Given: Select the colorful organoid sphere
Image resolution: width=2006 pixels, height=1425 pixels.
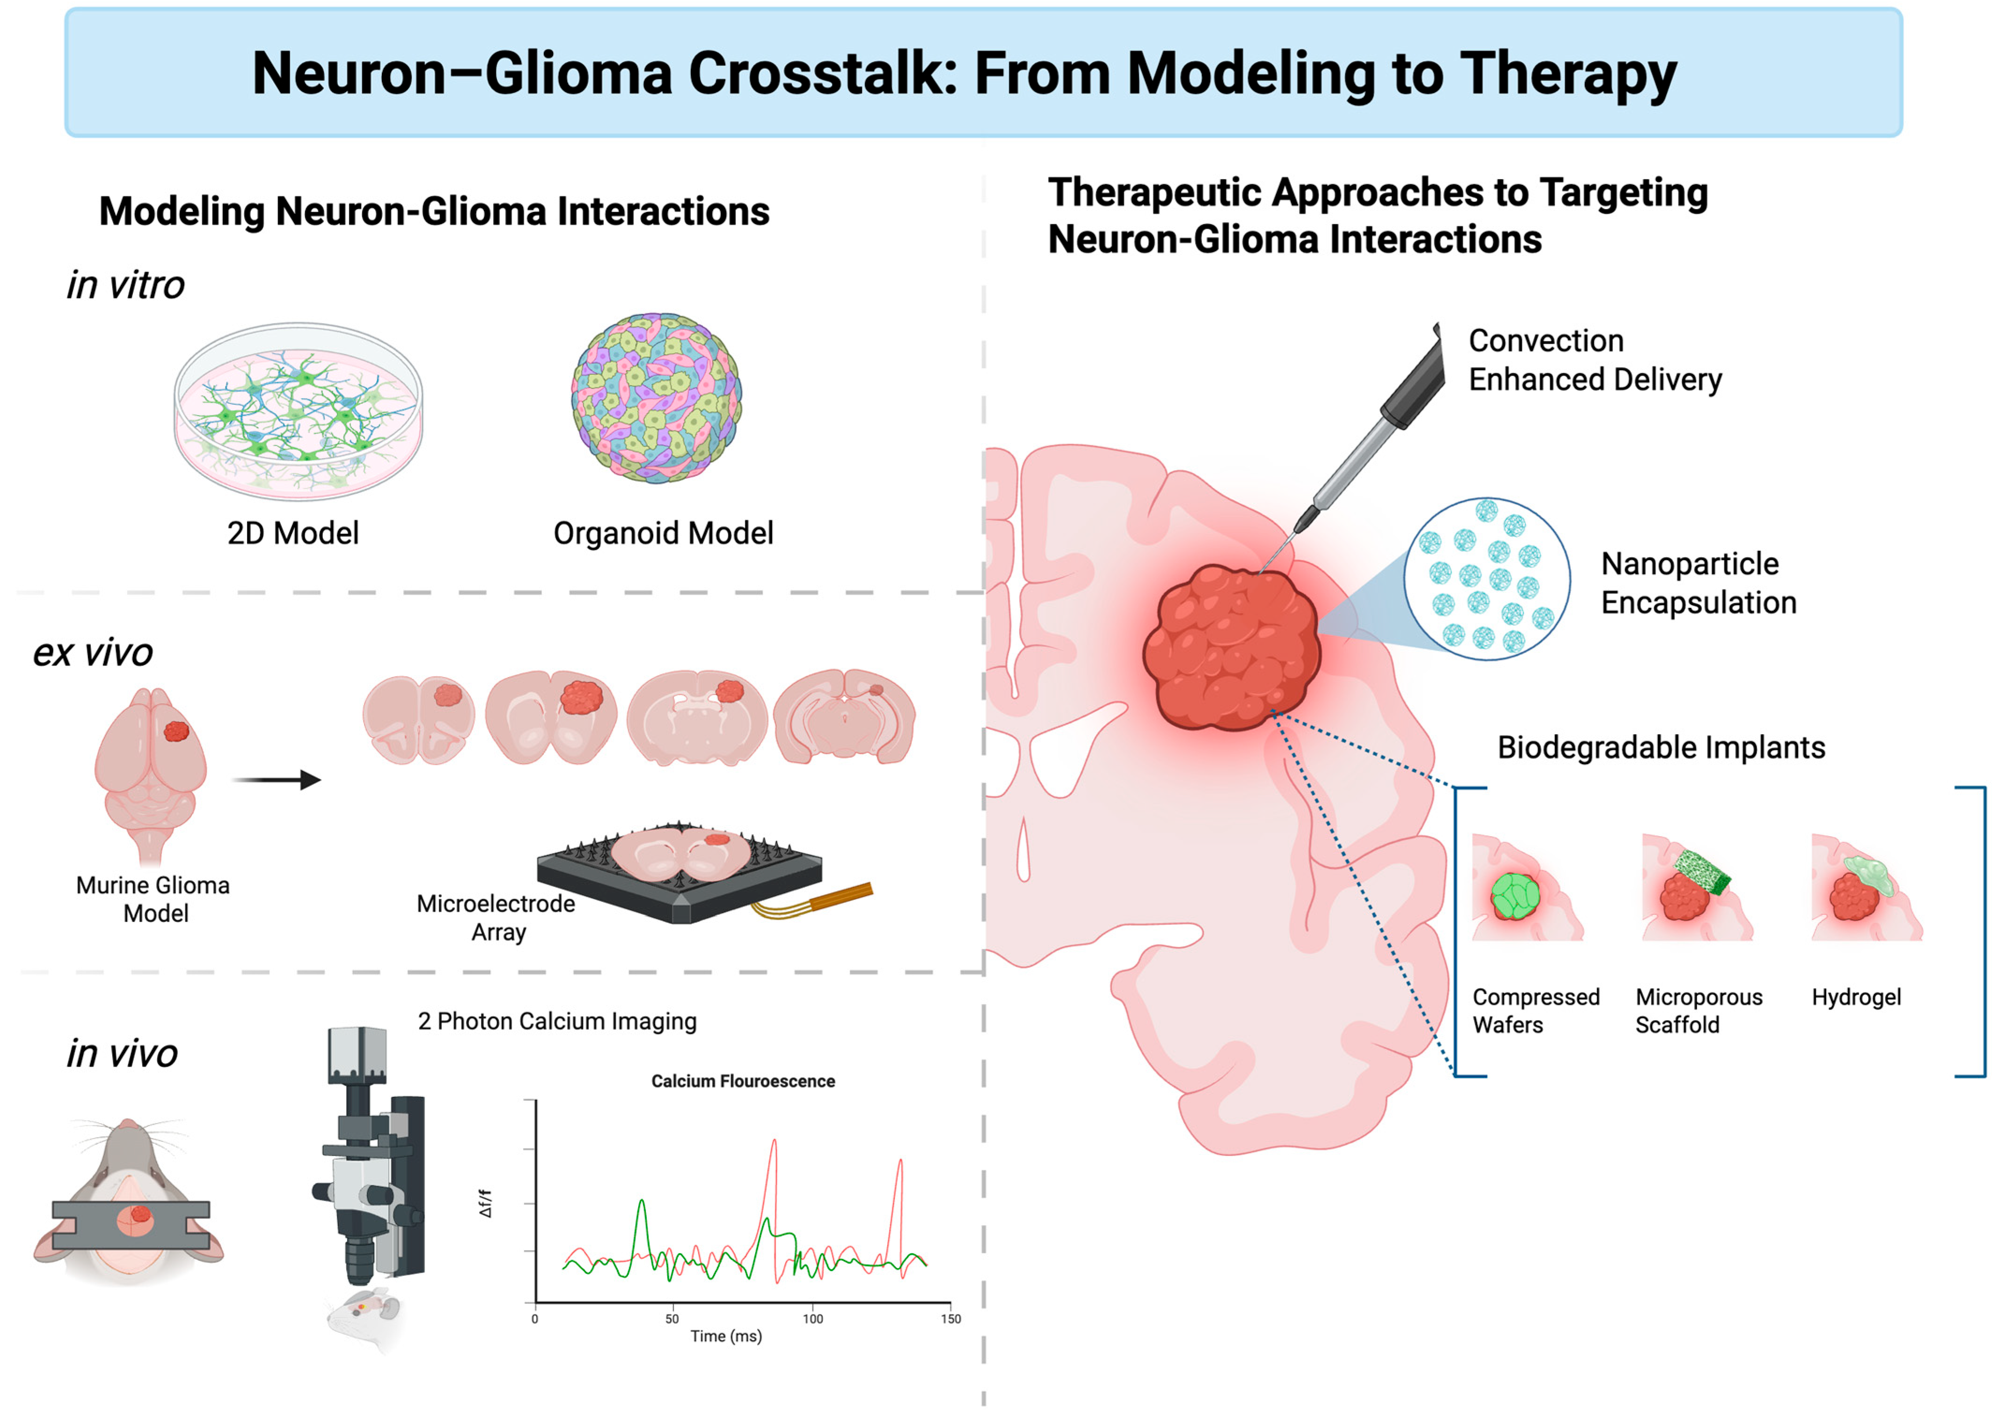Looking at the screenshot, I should tap(656, 397).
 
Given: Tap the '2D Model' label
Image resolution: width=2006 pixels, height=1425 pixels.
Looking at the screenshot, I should tap(293, 533).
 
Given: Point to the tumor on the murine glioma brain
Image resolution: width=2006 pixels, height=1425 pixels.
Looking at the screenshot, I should tap(176, 731).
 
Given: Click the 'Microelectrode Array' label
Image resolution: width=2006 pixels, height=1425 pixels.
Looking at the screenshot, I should tap(496, 917).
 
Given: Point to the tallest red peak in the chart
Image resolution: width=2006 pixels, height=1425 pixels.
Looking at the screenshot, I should tap(773, 1142).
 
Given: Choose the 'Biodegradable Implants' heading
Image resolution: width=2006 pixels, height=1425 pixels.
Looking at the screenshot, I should tap(1660, 748).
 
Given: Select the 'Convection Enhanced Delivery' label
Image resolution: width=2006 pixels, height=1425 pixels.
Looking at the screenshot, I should tap(1595, 360).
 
